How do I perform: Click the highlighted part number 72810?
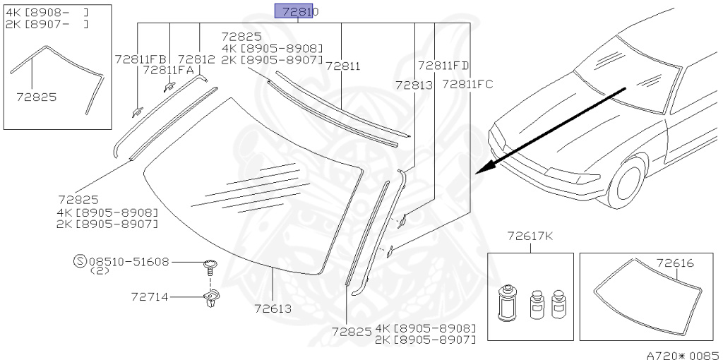tap(294, 11)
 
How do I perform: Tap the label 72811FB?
tap(141, 59)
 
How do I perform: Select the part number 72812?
tap(196, 59)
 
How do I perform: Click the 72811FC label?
tap(467, 85)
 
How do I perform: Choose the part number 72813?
tap(414, 85)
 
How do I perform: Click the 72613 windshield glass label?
tap(273, 308)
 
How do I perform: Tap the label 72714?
tap(150, 297)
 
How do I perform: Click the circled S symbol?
tap(80, 261)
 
